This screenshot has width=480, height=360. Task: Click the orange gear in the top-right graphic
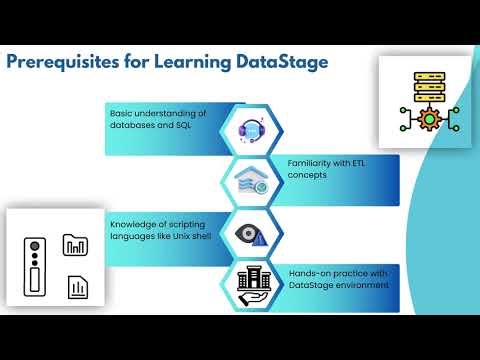pos(430,119)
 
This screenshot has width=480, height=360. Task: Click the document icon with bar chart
pos(76,288)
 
